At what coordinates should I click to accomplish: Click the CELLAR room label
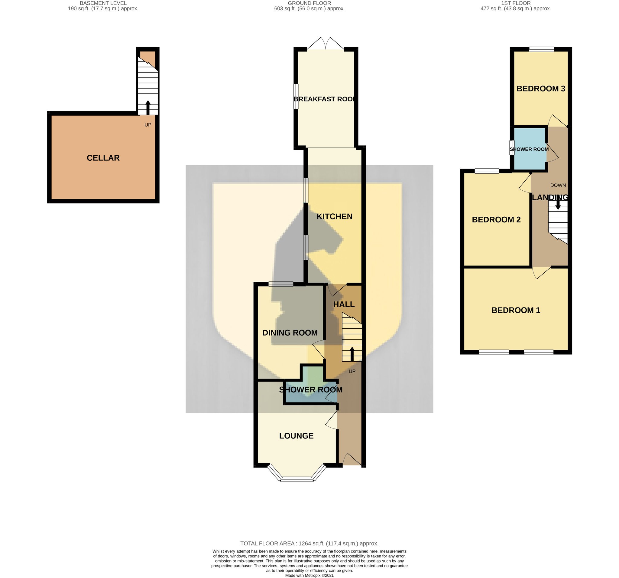(x=103, y=158)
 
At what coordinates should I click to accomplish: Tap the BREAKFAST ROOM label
(x=324, y=99)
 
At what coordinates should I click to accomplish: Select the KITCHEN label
(x=334, y=216)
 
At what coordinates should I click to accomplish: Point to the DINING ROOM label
(x=290, y=333)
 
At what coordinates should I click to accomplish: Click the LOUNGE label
(x=296, y=435)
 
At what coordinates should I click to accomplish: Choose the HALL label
(x=344, y=304)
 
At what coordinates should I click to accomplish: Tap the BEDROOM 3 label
(x=541, y=89)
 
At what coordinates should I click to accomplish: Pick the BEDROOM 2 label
(x=496, y=219)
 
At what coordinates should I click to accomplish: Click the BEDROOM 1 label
(x=516, y=310)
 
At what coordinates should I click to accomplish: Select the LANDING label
(x=550, y=197)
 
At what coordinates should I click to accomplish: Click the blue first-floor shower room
(x=529, y=149)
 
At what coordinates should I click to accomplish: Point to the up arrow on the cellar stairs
(x=147, y=107)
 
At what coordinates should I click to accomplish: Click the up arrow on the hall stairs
(x=352, y=354)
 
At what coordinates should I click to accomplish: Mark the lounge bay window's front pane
(x=297, y=480)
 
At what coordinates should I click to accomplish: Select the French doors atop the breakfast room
(x=326, y=44)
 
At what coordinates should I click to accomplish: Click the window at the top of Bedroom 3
(x=541, y=49)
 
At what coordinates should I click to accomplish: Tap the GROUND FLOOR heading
(x=309, y=3)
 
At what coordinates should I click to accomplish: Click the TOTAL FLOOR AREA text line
(x=309, y=544)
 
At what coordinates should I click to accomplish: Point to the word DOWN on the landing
(x=558, y=185)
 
